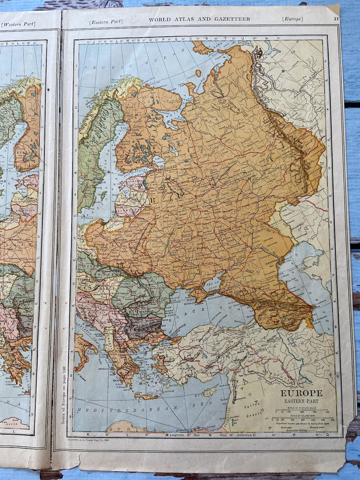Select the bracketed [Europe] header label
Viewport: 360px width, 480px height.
[x=292, y=19]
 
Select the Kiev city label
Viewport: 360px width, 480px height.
[x=174, y=253]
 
